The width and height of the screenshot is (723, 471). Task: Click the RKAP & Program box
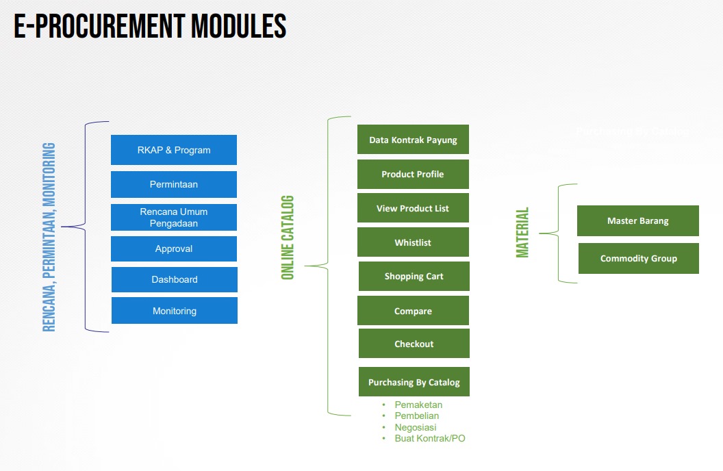coord(174,150)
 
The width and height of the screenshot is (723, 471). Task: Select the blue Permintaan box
coord(174,184)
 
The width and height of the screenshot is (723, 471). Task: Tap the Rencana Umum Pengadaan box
coord(174,218)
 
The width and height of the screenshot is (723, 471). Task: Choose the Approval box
coord(174,249)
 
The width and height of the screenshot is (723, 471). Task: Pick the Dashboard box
coord(175,279)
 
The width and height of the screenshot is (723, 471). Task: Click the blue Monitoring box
coord(175,311)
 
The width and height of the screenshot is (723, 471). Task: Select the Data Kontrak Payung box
coord(413,140)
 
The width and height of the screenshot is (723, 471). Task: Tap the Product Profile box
coord(413,174)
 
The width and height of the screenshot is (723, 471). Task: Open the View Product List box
coord(413,208)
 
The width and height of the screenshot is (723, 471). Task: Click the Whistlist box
coord(413,242)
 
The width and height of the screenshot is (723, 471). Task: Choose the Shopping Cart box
coord(414,277)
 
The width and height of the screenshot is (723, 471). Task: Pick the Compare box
coord(413,311)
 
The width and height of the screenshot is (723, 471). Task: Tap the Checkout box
coord(414,344)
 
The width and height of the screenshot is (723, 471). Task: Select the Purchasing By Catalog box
coord(414,382)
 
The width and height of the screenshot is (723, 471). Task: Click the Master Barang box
coord(638,221)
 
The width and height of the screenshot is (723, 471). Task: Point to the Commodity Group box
coord(639,259)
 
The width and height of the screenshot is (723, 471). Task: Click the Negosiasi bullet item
coord(415,427)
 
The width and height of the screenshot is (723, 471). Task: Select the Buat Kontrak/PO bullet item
coord(429,438)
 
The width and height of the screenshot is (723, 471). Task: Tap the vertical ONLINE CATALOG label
coord(288,238)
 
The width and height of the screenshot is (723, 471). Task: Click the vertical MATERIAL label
coord(523,233)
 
